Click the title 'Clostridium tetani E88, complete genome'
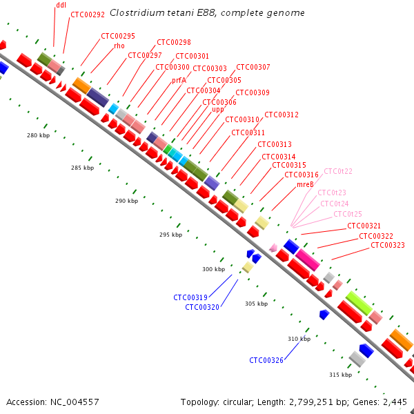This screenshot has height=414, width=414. coord(207,13)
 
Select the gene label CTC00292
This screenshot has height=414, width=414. coord(88,14)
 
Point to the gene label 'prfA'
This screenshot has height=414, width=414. coord(179,80)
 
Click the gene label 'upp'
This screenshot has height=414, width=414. coord(217,109)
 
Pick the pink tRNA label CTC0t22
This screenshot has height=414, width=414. coord(338,171)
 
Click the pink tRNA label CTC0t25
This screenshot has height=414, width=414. coord(348,214)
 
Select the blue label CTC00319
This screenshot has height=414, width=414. coord(190,297)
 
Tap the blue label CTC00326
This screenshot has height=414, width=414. coord(266,359)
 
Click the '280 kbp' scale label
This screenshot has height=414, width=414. coord(38,135)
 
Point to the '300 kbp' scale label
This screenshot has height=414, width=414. coord(213,269)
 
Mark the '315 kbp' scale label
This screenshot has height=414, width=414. coord(340,375)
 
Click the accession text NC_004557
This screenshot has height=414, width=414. coord(74,402)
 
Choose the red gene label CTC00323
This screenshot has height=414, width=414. coord(387,245)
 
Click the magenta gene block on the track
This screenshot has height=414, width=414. coord(307,259)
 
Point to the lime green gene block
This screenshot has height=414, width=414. coord(359,303)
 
